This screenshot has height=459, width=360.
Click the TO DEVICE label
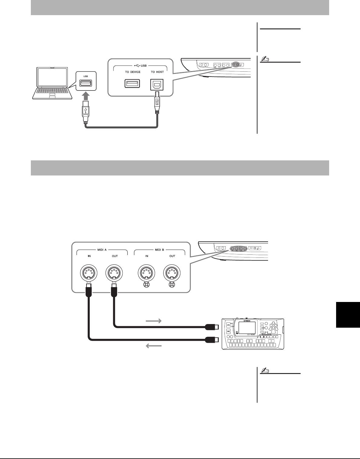pyautogui.click(x=133, y=72)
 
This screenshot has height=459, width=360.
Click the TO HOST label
pyautogui.click(x=157, y=72)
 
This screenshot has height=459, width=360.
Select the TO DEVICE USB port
pyautogui.click(x=132, y=84)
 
